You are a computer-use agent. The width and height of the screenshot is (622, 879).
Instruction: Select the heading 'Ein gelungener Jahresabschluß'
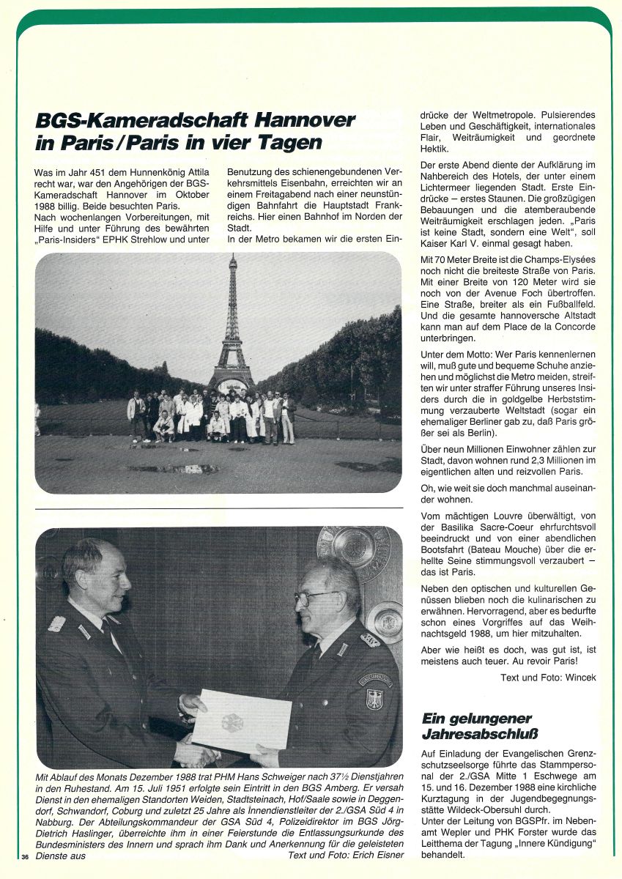click(476, 725)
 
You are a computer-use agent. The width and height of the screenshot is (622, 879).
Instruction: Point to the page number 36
click(24, 856)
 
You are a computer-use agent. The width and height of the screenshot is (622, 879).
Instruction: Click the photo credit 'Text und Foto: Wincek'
click(548, 678)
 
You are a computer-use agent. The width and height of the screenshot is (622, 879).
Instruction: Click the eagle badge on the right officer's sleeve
click(374, 698)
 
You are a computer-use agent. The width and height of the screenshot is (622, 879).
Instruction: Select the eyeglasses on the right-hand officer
click(316, 597)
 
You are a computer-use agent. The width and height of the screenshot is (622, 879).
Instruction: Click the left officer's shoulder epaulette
click(56, 623)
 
